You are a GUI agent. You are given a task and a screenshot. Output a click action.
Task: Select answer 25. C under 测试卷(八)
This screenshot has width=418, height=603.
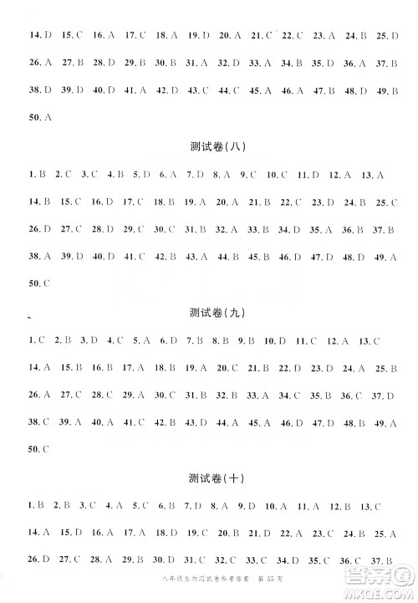pyautogui.click(x=386, y=202)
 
